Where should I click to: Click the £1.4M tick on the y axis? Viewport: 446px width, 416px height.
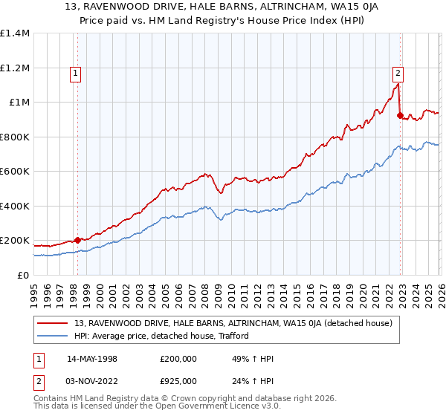pos(14,33)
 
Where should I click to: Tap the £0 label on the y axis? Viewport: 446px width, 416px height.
pos(23,275)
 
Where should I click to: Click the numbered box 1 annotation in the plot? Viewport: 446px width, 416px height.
pos(77,73)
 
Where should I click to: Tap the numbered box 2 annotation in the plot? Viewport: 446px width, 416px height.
pos(398,73)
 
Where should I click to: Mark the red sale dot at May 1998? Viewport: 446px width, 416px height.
pos(78,240)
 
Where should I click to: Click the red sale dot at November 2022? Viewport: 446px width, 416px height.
pos(400,115)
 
